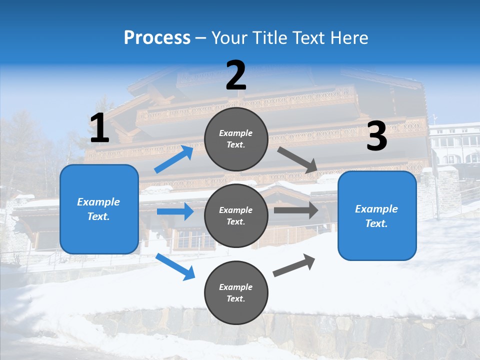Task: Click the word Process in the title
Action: pos(157,38)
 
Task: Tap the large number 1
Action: pos(99,128)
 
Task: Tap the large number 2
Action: pos(236,76)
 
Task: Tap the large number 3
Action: pos(376,136)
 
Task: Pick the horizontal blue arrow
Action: pos(175,211)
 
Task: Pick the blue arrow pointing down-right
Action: pos(175,266)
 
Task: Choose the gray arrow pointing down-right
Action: pos(297,160)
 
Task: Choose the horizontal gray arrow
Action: pos(295,210)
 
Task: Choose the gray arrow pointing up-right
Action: pos(294,265)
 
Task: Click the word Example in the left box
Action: pos(98,202)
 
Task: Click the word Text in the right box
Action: pos(375,223)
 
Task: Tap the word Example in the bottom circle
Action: pos(236,287)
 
